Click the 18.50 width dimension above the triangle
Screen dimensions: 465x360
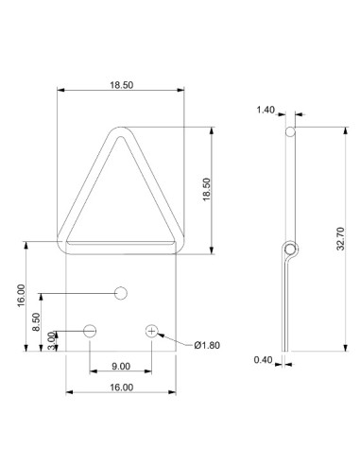[121, 85]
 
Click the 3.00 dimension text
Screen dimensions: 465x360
[52, 340]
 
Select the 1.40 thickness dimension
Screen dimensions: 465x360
[265, 111]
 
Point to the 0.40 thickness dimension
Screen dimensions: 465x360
[265, 359]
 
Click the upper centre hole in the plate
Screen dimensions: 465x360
[121, 292]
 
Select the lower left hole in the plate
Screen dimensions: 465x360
[90, 331]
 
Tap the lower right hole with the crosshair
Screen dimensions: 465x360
[152, 331]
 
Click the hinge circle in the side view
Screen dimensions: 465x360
[292, 250]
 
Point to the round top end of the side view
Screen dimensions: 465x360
[291, 132]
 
